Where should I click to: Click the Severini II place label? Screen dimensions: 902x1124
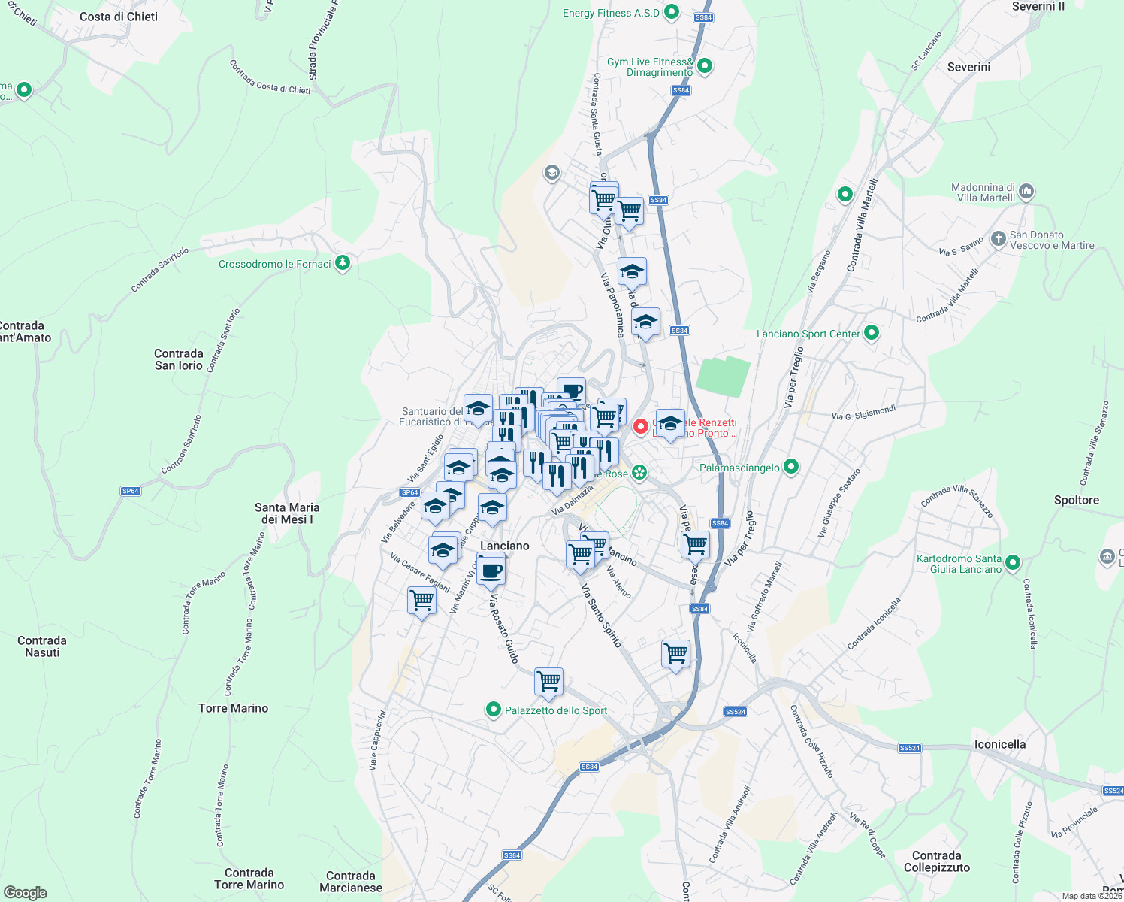(1038, 6)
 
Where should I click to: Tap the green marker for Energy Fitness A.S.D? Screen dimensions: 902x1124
(672, 12)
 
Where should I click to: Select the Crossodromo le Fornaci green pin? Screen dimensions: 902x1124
(343, 262)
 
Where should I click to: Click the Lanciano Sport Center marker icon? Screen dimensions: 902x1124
(872, 332)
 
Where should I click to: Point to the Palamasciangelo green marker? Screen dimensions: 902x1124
(790, 467)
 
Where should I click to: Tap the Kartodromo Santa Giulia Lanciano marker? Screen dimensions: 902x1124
(1012, 562)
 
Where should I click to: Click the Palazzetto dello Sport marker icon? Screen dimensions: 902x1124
(493, 709)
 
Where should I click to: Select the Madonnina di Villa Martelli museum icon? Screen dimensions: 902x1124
(1027, 192)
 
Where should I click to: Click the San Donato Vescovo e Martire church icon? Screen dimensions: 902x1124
(998, 239)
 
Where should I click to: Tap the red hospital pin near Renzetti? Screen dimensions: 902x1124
(640, 426)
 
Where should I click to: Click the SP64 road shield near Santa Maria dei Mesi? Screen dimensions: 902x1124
(130, 491)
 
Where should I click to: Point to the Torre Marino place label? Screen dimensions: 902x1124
(233, 708)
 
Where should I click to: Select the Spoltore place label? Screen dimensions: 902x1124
(1076, 500)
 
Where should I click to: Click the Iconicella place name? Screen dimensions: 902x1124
(999, 744)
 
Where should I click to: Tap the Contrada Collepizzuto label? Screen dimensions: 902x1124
(936, 861)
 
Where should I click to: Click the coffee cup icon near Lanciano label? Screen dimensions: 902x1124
(491, 570)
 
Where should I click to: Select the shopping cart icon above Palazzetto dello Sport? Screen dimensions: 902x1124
(548, 681)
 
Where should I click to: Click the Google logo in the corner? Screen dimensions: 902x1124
(25, 893)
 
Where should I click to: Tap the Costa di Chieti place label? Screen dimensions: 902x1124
(119, 17)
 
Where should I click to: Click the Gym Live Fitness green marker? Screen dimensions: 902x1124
(704, 66)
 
